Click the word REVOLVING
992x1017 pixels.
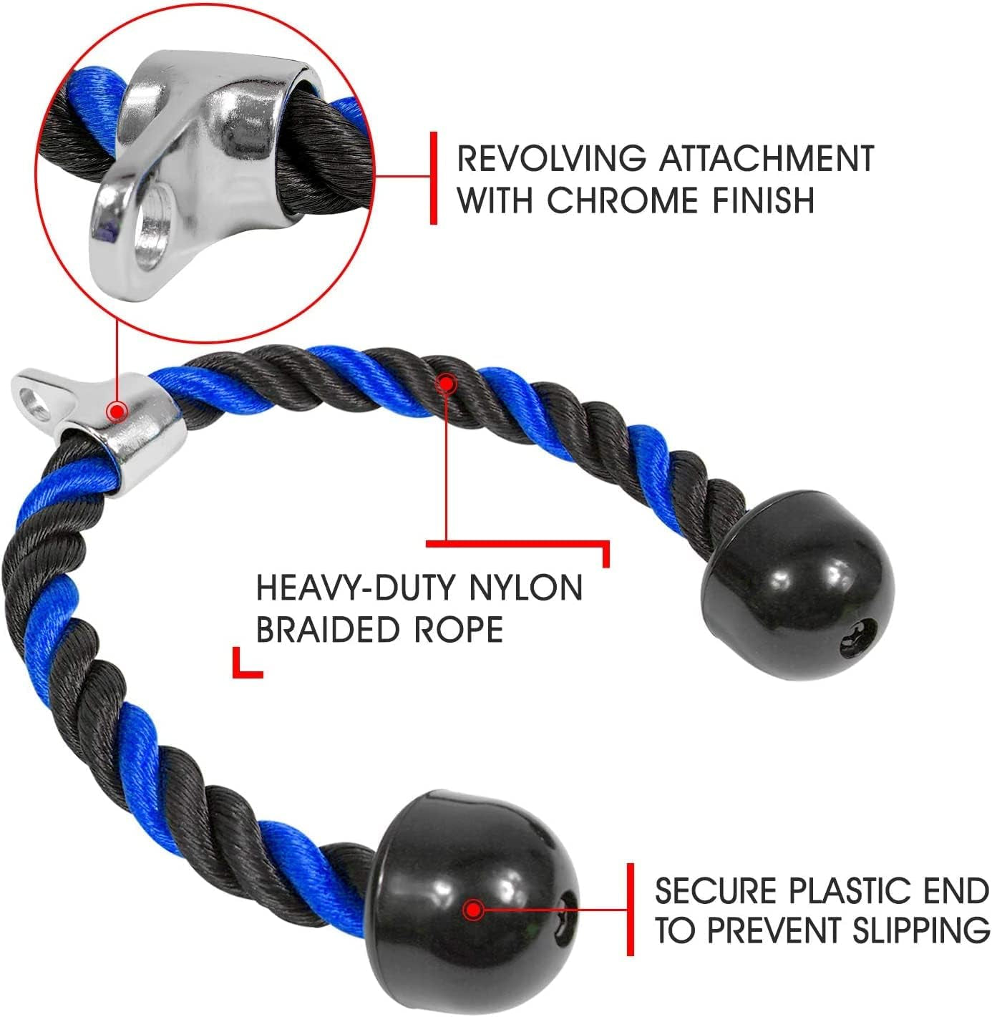(551, 158)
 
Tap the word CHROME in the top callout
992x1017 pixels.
(622, 200)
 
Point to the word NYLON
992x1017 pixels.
(525, 588)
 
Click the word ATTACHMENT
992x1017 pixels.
(767, 158)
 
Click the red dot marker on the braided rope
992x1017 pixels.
(446, 384)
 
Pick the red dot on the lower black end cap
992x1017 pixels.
(474, 910)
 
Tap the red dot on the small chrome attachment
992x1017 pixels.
(117, 412)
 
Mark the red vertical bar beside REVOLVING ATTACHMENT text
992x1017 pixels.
(433, 178)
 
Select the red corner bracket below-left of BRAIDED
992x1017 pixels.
(248, 663)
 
